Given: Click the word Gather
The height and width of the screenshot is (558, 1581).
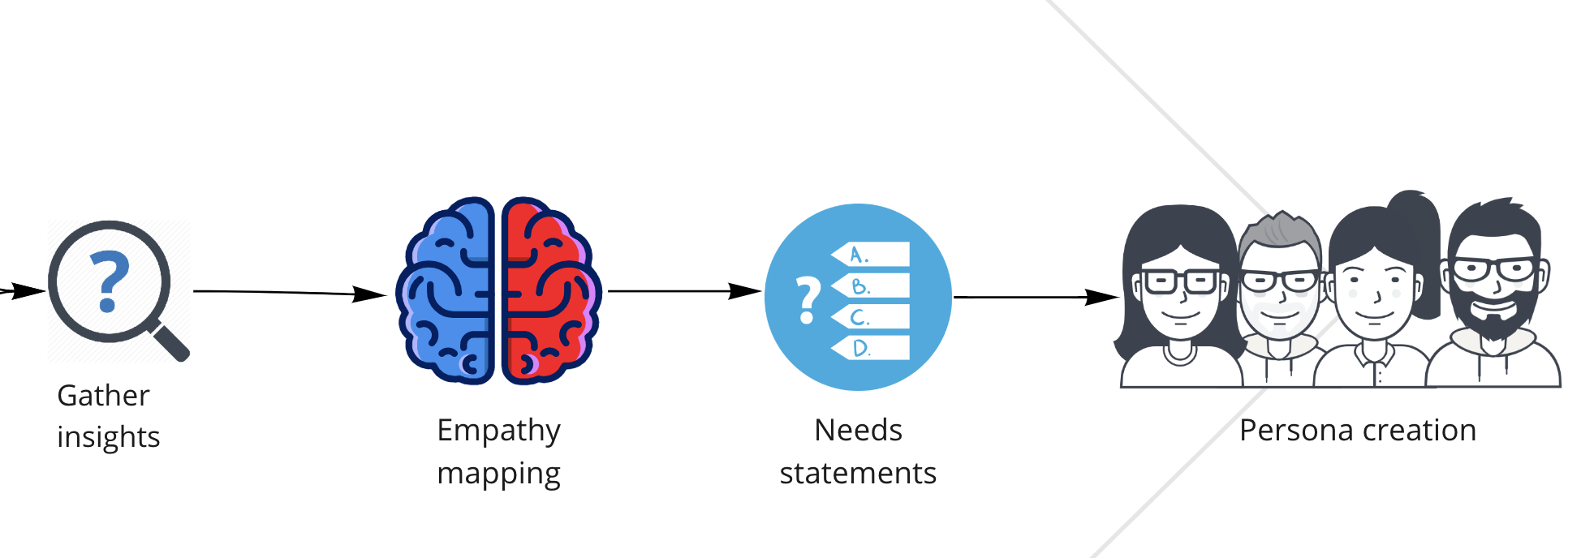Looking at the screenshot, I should click(103, 396).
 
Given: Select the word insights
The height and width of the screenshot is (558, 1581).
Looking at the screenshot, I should click(108, 437).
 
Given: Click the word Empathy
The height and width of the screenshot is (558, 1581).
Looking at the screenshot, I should click(498, 431).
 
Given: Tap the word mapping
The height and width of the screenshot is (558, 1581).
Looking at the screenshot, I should click(498, 474).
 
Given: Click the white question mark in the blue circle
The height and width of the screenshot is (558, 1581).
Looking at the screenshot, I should click(807, 300).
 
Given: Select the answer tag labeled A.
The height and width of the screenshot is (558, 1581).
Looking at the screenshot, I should click(872, 255).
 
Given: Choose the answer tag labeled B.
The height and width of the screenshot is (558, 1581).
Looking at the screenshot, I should click(872, 286).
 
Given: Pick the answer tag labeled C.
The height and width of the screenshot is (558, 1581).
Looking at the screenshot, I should click(872, 317).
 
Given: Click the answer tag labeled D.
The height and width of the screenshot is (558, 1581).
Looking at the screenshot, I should click(872, 349).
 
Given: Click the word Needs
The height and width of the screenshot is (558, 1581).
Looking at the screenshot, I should click(858, 431).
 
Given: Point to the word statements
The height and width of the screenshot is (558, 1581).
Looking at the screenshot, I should click(858, 474).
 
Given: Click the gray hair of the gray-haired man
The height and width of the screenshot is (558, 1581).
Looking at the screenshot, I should click(1281, 230).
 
